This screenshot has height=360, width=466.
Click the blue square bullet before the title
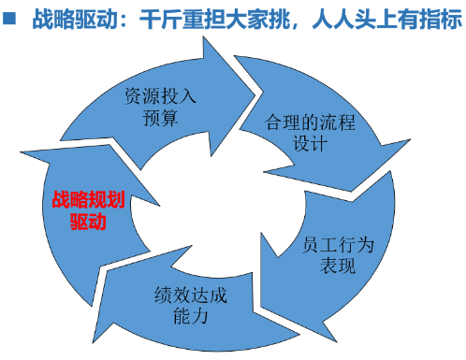[12, 17]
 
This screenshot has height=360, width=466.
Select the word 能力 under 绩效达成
[188, 316]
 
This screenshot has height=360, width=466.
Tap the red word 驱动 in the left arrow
[88, 223]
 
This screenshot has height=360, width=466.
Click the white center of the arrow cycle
[211, 201]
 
